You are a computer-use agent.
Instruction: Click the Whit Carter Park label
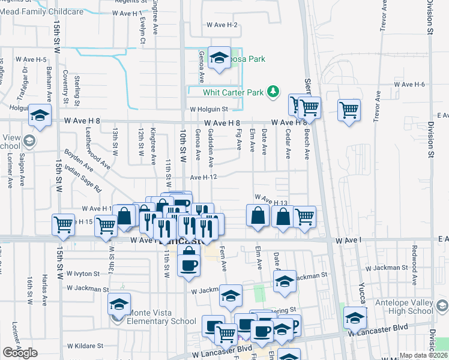pyautogui.click(x=234, y=92)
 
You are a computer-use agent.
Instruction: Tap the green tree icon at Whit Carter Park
pyautogui.click(x=274, y=91)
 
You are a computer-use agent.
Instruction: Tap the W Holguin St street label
pyautogui.click(x=209, y=109)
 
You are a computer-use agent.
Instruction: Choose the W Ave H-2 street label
pyautogui.click(x=222, y=25)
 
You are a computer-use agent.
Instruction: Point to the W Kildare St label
pyautogui.click(x=85, y=346)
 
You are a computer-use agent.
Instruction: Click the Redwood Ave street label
pyautogui.click(x=414, y=258)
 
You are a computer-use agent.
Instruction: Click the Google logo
pyautogui.click(x=20, y=352)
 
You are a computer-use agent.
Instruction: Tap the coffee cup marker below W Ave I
pyautogui.click(x=189, y=264)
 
